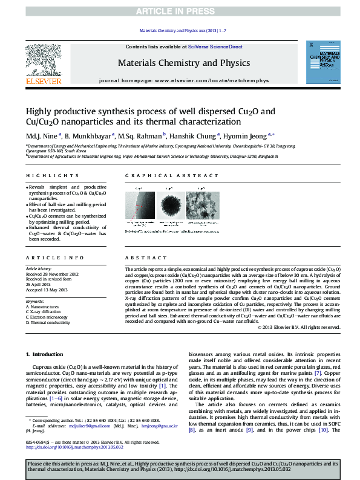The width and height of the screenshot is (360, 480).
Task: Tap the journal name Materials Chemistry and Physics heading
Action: click(x=183, y=63)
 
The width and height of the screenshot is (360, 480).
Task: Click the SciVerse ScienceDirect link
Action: click(x=215, y=47)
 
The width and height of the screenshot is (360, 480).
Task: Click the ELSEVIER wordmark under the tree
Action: click(x=43, y=80)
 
